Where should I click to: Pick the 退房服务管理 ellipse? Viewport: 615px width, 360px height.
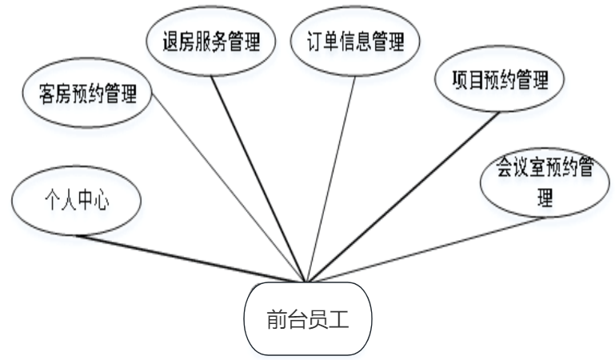click(212, 40)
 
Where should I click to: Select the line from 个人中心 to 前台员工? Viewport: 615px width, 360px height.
click(192, 258)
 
